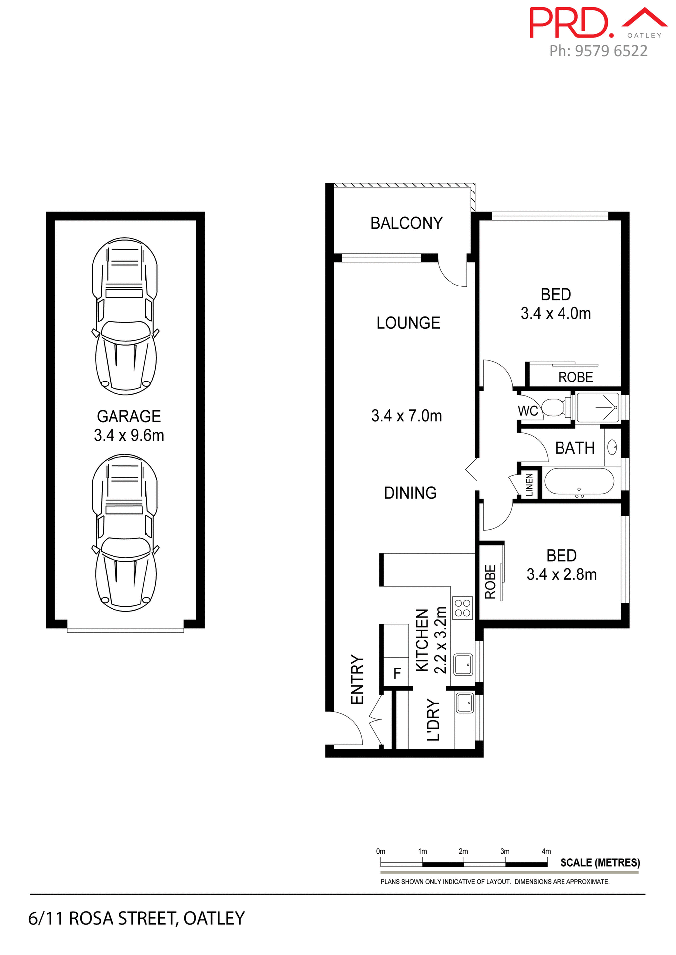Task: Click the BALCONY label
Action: [x=406, y=223]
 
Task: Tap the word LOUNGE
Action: [x=408, y=323]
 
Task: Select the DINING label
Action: [x=410, y=493]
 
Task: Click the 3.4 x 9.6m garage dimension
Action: [x=129, y=436]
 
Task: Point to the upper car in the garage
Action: [x=125, y=316]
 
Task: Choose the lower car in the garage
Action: [x=125, y=533]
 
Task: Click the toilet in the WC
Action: [x=552, y=407]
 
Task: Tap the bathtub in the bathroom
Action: [x=579, y=481]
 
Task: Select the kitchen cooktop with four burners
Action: [x=463, y=608]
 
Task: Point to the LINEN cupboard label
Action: [x=529, y=484]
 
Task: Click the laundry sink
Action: [x=465, y=703]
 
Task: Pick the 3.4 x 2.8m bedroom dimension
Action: [x=562, y=574]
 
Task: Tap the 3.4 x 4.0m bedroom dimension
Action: [x=556, y=314]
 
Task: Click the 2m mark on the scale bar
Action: [x=463, y=852]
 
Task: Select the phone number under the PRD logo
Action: [x=598, y=51]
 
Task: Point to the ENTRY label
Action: [x=358, y=679]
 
